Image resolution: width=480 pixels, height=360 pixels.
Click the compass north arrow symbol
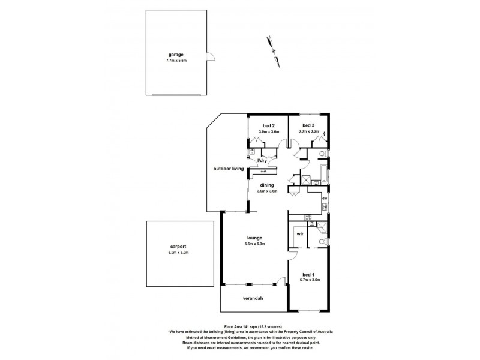point(273,46)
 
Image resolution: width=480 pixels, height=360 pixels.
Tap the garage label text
point(176,55)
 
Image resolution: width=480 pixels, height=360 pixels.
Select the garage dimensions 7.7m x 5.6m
point(176,61)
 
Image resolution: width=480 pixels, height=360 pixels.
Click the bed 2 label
point(267,125)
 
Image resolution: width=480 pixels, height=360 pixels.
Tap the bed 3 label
point(309,125)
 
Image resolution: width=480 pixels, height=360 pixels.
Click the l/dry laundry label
point(262,161)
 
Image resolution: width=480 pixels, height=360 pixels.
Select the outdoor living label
point(228,169)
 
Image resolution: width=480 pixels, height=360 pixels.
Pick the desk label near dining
point(263,171)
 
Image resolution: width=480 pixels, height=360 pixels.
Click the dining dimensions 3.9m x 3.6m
point(267,191)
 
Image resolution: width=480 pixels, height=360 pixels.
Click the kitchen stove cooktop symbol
point(310,217)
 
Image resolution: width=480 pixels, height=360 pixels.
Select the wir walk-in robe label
point(299,235)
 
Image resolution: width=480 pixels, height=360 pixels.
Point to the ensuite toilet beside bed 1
point(323,242)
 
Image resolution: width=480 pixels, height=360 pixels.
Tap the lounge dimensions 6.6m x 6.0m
point(254,244)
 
